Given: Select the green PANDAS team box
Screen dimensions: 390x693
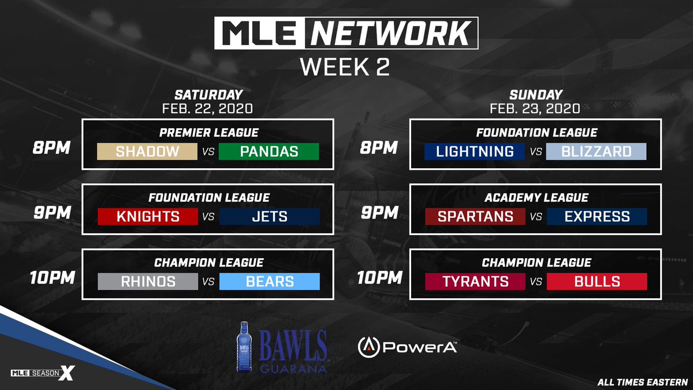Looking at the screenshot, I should click(269, 151).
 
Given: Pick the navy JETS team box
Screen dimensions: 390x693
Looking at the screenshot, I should click(269, 217).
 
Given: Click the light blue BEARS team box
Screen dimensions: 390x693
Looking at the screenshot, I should click(269, 281).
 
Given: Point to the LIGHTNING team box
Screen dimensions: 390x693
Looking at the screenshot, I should click(475, 151).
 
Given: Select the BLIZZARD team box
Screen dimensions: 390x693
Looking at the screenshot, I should click(597, 151).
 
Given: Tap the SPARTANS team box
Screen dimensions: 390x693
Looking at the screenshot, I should click(475, 217).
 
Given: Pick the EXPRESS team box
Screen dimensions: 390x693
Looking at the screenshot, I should click(597, 217).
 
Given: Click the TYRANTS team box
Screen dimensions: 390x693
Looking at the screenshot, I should click(475, 281).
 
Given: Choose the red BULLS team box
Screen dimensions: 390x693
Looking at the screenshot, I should click(597, 281).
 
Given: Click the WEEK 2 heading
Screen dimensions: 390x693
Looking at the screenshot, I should click(345, 66).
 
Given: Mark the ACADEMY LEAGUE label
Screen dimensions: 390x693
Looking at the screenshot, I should click(536, 198).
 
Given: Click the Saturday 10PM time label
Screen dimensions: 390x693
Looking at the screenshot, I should click(53, 277).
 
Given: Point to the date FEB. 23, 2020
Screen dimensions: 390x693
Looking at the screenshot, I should click(535, 107).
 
